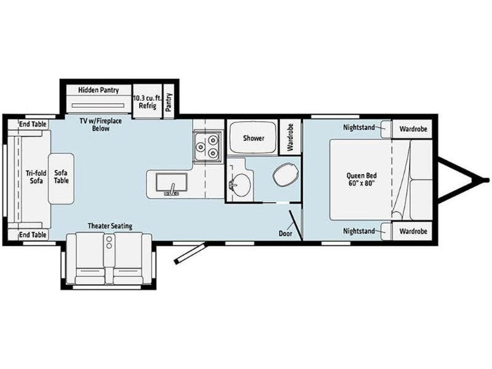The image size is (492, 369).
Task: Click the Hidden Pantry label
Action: pyautogui.click(x=98, y=90)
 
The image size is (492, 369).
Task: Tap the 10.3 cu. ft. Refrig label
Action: pyautogui.click(x=147, y=101)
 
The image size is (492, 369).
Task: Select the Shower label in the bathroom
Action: pyautogui.click(x=253, y=138)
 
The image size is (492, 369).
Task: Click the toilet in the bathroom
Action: pyautogui.click(x=285, y=175)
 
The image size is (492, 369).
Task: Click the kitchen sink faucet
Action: pyautogui.click(x=172, y=189)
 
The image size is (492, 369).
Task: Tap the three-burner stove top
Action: pyautogui.click(x=207, y=146)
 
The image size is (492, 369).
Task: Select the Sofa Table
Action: pyautogui.click(x=61, y=178)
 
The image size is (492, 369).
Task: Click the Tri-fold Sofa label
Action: pyautogui.click(x=36, y=177)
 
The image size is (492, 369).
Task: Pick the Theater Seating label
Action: pyautogui.click(x=110, y=226)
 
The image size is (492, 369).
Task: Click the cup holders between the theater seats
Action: pyautogui.click(x=109, y=242)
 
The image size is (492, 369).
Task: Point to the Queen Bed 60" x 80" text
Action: pyautogui.click(x=362, y=179)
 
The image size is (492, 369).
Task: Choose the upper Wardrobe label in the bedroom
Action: pyautogui.click(x=413, y=129)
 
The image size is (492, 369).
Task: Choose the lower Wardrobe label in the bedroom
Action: pyautogui.click(x=413, y=231)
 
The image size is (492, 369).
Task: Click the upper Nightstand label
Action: pyautogui.click(x=359, y=127)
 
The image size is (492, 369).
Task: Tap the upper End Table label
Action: pyautogui.click(x=33, y=124)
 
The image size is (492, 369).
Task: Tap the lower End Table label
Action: pyautogui.click(x=33, y=235)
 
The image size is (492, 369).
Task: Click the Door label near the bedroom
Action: pyautogui.click(x=285, y=234)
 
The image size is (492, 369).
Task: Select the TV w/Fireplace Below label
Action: pyautogui.click(x=100, y=125)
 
